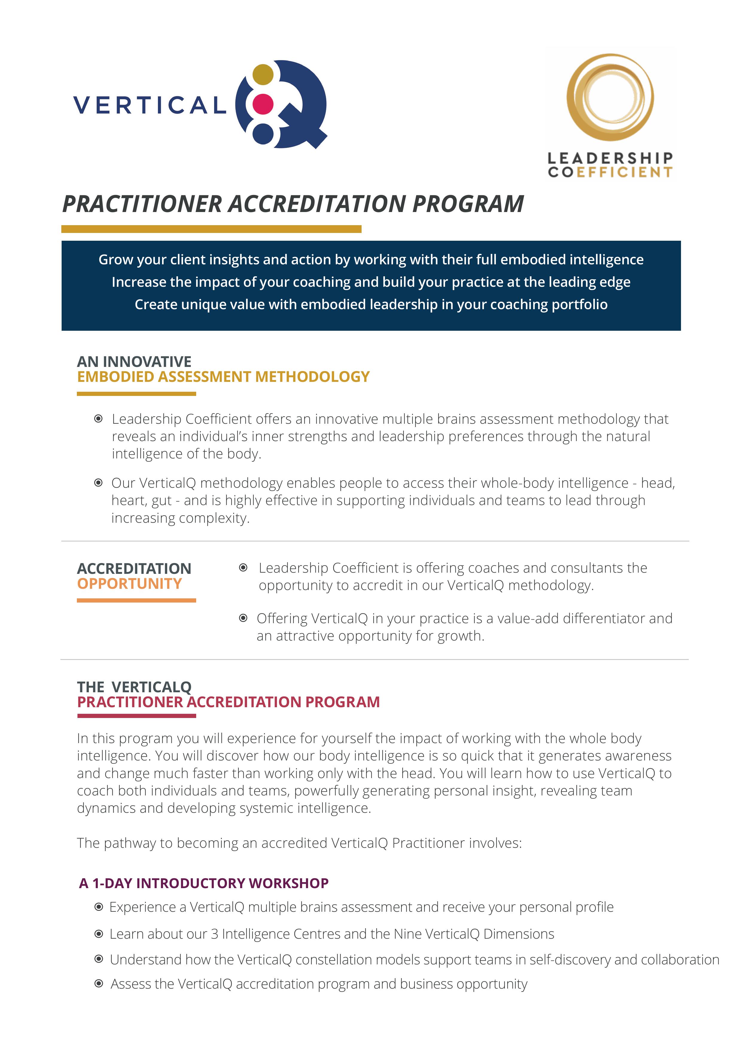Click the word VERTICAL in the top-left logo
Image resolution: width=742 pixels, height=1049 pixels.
150,105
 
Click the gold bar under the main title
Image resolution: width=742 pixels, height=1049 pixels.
211,229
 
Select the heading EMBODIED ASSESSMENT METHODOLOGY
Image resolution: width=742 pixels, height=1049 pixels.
223,377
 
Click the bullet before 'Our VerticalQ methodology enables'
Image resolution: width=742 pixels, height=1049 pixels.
98,483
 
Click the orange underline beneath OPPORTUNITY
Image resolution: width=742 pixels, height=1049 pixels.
136,600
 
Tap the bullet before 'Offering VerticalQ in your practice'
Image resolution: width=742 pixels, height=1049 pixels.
243,618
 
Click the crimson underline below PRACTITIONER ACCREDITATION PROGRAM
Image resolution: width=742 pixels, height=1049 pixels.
136,716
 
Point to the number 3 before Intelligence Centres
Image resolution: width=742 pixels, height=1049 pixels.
214,934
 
